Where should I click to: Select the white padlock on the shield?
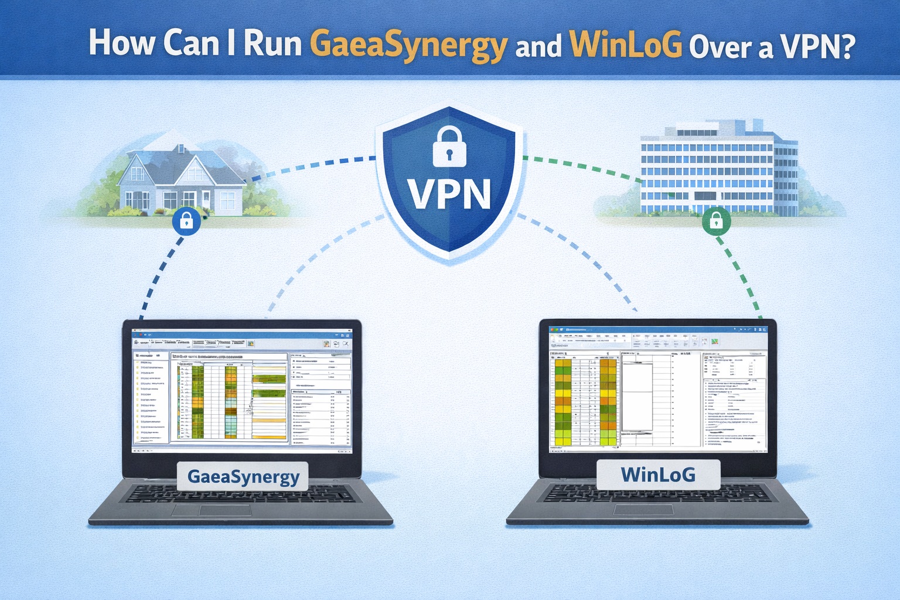(x=449, y=146)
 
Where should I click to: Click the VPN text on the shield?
(x=450, y=193)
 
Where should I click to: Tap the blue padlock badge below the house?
(x=186, y=221)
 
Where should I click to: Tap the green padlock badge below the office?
(x=716, y=221)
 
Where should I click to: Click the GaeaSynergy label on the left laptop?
(x=243, y=476)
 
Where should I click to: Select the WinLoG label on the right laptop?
(x=658, y=473)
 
